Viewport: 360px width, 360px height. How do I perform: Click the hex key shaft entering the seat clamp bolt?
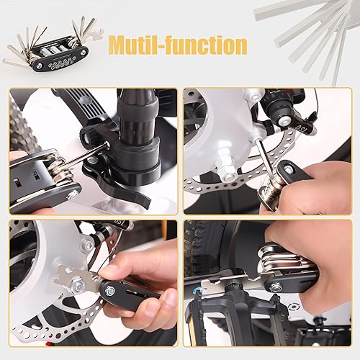point(94,149)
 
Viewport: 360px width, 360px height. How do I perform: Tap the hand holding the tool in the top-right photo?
point(324,187)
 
